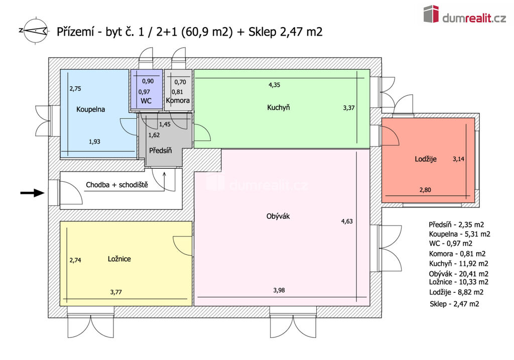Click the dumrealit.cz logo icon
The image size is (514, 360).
(431, 14)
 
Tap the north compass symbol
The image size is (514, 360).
(34, 31)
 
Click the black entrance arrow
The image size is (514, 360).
(33, 192)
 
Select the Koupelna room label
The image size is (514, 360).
(90, 109)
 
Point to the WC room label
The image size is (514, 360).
(146, 101)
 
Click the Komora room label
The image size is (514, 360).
(178, 100)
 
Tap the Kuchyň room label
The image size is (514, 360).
(278, 107)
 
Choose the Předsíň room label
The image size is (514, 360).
(160, 151)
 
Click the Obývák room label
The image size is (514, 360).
(278, 216)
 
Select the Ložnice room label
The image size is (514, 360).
(119, 259)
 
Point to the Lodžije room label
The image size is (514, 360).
(426, 159)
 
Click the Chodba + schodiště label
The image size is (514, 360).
(117, 185)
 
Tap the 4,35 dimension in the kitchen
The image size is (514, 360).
(275, 85)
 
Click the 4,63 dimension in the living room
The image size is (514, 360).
(347, 221)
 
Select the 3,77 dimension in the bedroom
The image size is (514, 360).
(116, 292)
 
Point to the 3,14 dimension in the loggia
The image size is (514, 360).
(458, 159)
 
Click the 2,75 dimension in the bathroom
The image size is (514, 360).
(75, 88)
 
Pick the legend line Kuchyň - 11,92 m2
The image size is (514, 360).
(458, 264)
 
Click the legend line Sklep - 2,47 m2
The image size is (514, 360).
(454, 304)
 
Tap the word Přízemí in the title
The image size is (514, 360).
(76, 32)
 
